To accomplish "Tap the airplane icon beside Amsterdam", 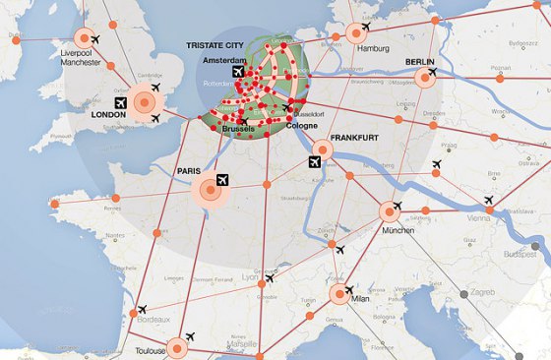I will coord(236,72).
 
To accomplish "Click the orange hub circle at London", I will coord(146,100).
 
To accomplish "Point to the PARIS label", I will coord(189,170).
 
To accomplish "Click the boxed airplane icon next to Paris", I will coord(221,180).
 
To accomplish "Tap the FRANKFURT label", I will coord(355,139).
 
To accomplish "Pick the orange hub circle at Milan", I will coord(338,294).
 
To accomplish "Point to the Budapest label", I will coord(520,253).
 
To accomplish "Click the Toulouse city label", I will coord(150,350).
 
